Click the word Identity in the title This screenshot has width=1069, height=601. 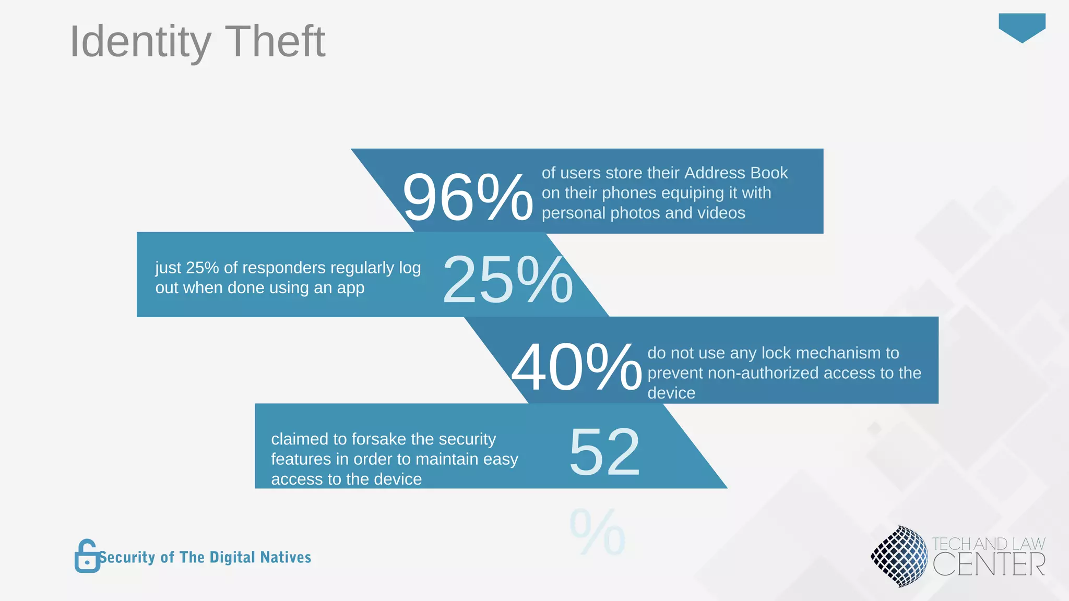pyautogui.click(x=140, y=42)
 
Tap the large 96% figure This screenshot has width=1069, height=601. pyautogui.click(x=467, y=198)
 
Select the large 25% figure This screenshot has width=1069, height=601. pyautogui.click(x=507, y=280)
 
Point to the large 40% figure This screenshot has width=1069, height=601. pyautogui.click(x=576, y=367)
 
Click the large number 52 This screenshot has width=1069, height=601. pyautogui.click(x=604, y=452)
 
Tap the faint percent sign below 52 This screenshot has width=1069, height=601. pyautogui.click(x=597, y=533)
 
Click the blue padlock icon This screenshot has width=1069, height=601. pyautogui.click(x=87, y=556)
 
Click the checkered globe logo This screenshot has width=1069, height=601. pyautogui.click(x=899, y=556)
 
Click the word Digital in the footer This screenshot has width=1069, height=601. pyautogui.click(x=233, y=557)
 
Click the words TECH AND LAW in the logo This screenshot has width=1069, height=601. pyautogui.click(x=988, y=544)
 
